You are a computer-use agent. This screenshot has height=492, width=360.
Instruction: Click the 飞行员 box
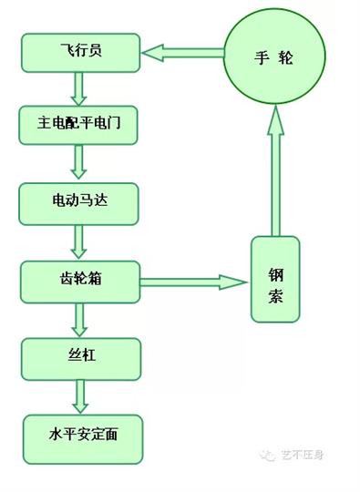[81, 52]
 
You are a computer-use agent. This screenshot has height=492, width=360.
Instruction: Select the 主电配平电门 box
[81, 125]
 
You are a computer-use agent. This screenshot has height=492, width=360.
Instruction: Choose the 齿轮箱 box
[81, 280]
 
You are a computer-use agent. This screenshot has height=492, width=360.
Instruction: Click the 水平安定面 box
[81, 433]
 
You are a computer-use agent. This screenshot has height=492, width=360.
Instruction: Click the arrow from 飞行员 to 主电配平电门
[78, 88]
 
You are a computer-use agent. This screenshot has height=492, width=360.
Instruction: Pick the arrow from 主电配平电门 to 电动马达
[78, 163]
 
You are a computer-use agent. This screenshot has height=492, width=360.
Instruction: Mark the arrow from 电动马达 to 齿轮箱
[78, 241]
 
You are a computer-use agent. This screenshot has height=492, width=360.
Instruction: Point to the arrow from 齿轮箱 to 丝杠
[78, 318]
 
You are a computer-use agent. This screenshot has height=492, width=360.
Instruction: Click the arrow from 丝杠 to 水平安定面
[78, 395]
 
